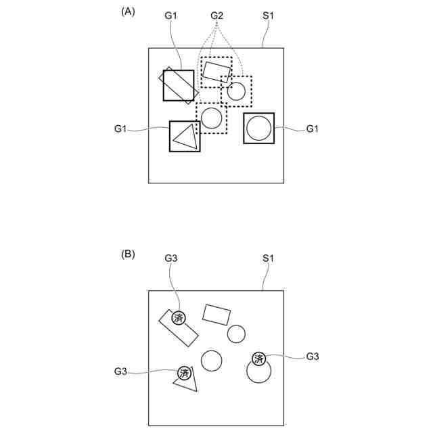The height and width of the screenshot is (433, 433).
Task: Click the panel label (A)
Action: [x=128, y=12]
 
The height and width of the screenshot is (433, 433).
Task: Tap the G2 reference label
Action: [x=217, y=15]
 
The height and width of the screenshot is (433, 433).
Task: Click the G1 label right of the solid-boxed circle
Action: [x=313, y=129]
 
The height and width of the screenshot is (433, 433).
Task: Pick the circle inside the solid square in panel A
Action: [x=258, y=128]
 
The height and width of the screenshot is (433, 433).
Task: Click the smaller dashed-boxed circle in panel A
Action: [x=236, y=91]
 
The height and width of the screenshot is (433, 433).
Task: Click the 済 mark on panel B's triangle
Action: [x=184, y=373]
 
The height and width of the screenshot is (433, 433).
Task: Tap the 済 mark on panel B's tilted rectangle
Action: [x=179, y=317]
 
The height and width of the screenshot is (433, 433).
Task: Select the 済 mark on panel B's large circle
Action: [x=258, y=359]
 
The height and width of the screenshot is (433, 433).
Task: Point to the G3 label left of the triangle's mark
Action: [x=121, y=371]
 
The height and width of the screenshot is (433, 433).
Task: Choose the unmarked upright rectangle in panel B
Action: [x=216, y=315]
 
